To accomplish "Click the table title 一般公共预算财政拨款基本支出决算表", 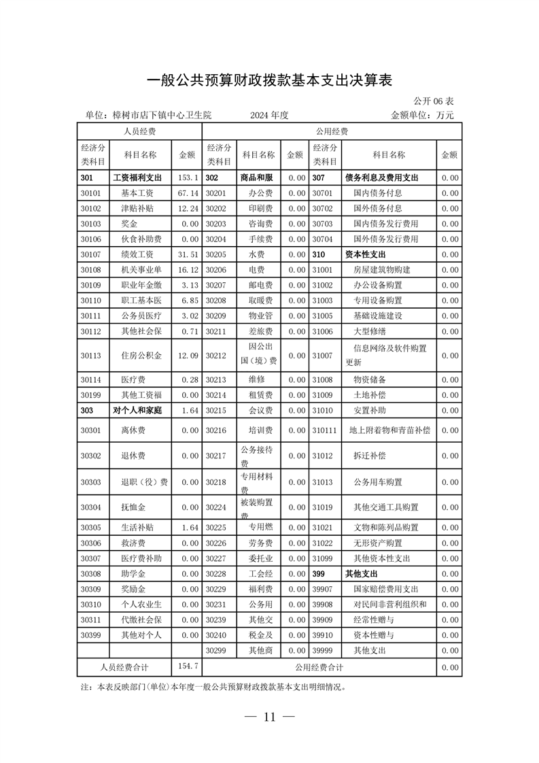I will pos(270,80).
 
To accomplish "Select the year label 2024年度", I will pos(269,115).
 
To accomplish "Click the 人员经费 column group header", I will pos(139,131).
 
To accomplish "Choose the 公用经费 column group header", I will pos(332,131).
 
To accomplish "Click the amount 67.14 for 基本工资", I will pos(187,192).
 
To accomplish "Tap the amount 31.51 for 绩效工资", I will pos(187,254).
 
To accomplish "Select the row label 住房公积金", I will pos(141,355).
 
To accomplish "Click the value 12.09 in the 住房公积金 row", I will pos(187,355).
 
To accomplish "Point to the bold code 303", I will pos(86,410).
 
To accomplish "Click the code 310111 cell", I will pos(324,430).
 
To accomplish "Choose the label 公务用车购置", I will pos(378,482).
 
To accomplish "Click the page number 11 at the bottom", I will pos(270,717).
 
